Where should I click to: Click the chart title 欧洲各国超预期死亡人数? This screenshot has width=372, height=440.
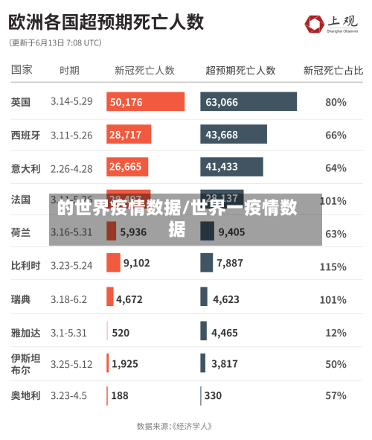(x=106, y=22)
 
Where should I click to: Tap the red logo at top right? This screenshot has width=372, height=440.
(x=315, y=24)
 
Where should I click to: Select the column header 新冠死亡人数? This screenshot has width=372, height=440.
(x=144, y=71)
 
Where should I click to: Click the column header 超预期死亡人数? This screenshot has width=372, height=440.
(x=240, y=71)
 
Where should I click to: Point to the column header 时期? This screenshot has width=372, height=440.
(x=69, y=71)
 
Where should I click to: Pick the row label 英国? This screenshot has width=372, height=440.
(x=21, y=102)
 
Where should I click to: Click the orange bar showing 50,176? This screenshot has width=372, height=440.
(x=145, y=102)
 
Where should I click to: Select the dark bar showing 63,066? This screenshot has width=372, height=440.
(x=248, y=102)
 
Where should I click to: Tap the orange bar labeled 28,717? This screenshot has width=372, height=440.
(x=129, y=135)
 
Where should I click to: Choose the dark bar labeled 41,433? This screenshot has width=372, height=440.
(x=231, y=167)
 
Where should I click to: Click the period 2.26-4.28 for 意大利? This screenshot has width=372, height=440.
(x=71, y=168)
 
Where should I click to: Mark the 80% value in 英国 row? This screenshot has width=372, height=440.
(x=336, y=102)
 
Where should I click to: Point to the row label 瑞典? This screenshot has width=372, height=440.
(x=21, y=299)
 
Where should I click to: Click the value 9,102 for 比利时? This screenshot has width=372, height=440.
(x=136, y=263)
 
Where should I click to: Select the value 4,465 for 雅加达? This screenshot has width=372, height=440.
(x=224, y=333)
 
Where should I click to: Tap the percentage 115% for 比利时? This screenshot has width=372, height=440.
(x=333, y=267)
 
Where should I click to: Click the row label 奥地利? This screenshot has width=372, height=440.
(x=25, y=396)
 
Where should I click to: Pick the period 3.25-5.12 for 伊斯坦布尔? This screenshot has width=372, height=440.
(x=71, y=364)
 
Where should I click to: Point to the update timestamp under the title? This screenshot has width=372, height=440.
(x=56, y=43)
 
